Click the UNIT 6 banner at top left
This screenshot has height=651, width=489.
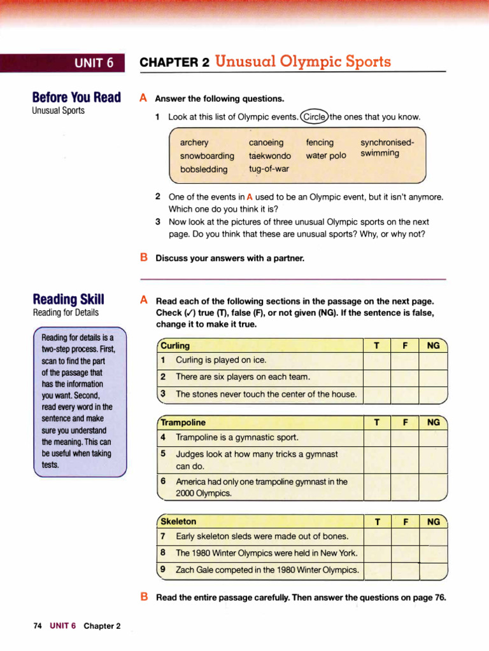pyautogui.click(x=94, y=62)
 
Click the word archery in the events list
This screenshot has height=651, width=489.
pyautogui.click(x=194, y=143)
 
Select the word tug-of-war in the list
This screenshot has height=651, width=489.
pyautogui.click(x=269, y=169)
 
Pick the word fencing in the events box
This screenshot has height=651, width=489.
pyautogui.click(x=320, y=143)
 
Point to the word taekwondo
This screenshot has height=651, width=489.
pyautogui.click(x=270, y=156)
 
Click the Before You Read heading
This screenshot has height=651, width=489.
pyautogui.click(x=76, y=97)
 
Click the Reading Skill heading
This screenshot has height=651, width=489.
pyautogui.click(x=69, y=299)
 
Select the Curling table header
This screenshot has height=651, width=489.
pyautogui.click(x=176, y=346)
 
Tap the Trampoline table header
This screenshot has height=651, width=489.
pyautogui.click(x=183, y=422)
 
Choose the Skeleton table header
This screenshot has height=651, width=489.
pyautogui.click(x=179, y=521)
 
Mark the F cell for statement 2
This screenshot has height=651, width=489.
pyautogui.click(x=405, y=377)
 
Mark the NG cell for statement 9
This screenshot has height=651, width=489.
pyautogui.click(x=434, y=570)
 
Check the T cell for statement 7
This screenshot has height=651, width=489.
pyautogui.click(x=377, y=537)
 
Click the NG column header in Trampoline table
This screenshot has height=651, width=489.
pyautogui.click(x=434, y=422)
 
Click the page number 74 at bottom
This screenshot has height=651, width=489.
pyautogui.click(x=38, y=626)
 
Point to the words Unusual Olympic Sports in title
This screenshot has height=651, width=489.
pyautogui.click(x=303, y=62)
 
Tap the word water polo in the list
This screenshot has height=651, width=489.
pyautogui.click(x=326, y=156)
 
